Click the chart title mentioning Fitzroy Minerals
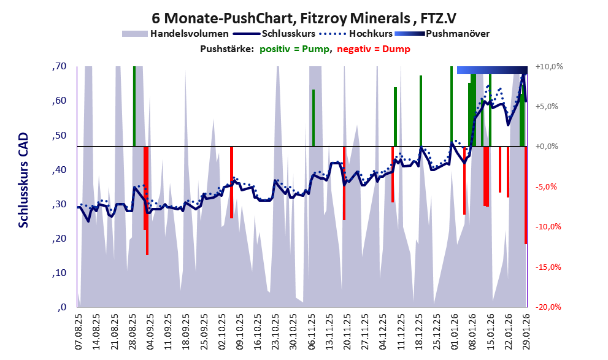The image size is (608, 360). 303,18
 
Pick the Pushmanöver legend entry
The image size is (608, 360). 457,33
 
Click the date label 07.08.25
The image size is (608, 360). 79,332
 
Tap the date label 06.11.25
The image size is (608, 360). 311,332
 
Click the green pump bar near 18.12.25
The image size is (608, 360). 421,111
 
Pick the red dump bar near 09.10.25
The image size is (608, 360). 231,182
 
